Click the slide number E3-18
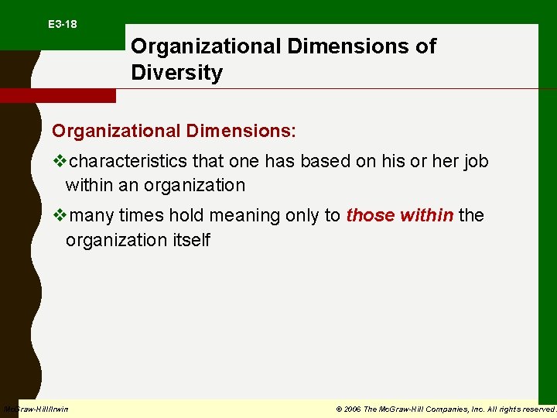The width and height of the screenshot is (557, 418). click(62, 25)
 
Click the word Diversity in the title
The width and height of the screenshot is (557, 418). click(176, 74)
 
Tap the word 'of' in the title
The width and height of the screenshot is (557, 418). click(425, 46)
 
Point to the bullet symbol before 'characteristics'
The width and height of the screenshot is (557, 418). click(59, 161)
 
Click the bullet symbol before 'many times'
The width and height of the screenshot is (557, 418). click(59, 215)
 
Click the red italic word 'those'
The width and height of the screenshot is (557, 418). click(371, 215)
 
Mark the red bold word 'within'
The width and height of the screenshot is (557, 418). click(426, 215)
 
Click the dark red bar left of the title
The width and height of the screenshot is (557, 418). click(57, 95)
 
